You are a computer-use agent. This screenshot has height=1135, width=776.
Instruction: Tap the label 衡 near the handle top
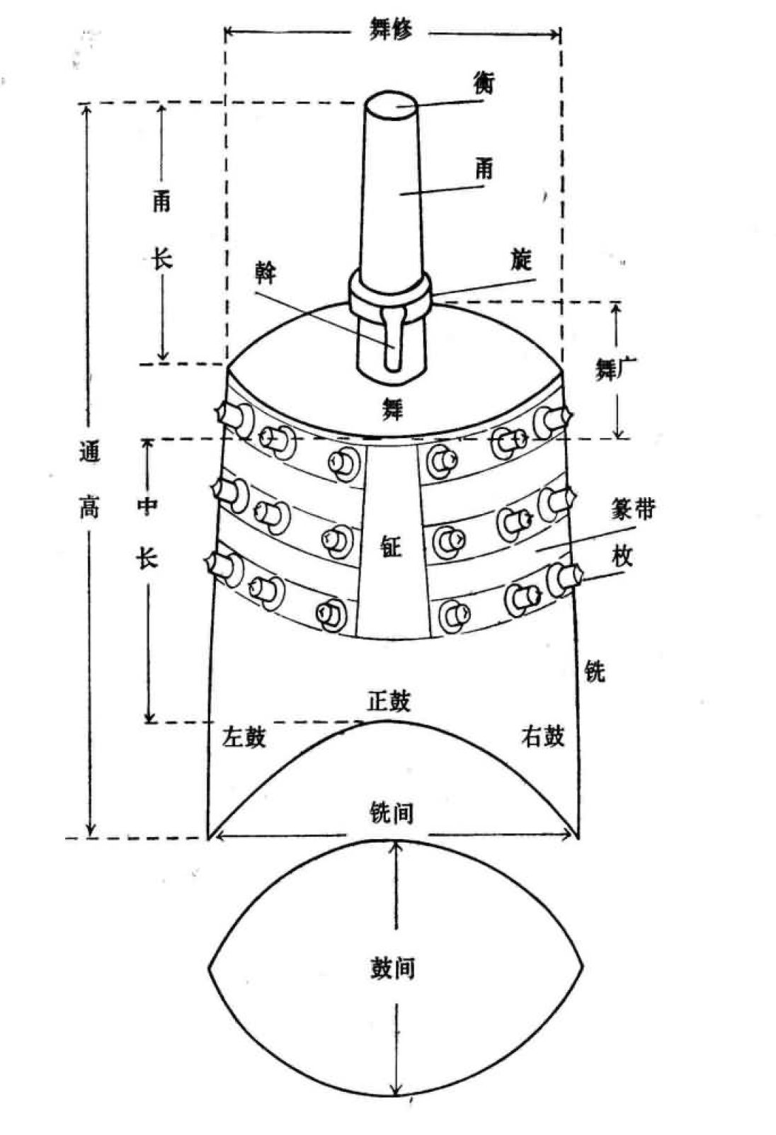(484, 82)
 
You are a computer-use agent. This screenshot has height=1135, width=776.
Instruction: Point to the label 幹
(266, 274)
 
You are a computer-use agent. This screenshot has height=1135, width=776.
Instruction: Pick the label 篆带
(633, 508)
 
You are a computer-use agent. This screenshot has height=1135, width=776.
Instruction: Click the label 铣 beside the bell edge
(595, 671)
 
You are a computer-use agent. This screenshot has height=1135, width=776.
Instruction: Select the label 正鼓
(389, 701)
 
